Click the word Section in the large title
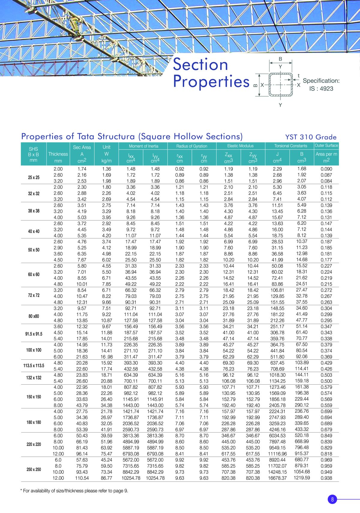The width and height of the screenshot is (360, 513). [x=200, y=64]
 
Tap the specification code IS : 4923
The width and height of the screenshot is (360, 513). [x=321, y=88]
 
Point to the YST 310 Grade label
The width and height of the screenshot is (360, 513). [x=310, y=137]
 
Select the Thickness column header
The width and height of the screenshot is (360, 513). [x=58, y=154]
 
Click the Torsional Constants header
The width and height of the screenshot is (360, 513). [x=290, y=146]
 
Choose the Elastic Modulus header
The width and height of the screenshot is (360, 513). [x=240, y=146]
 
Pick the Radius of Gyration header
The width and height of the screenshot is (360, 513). [x=192, y=146]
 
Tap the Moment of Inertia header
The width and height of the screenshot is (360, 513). [x=143, y=146]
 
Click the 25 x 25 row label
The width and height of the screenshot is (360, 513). [x=34, y=177]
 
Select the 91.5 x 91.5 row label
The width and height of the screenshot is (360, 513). [x=34, y=334]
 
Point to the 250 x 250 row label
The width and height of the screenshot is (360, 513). [x=34, y=469]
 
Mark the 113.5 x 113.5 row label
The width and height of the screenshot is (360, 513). [x=34, y=365]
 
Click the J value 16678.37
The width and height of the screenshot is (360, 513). [x=277, y=478]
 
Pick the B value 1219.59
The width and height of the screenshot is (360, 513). [x=301, y=478]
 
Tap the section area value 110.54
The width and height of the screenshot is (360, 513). [x=82, y=478]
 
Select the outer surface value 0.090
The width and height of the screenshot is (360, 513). [x=326, y=169]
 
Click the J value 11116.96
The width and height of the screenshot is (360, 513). [x=277, y=454]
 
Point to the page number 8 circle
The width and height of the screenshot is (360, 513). [x=332, y=499]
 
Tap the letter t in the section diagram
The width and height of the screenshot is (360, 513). [x=298, y=76]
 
